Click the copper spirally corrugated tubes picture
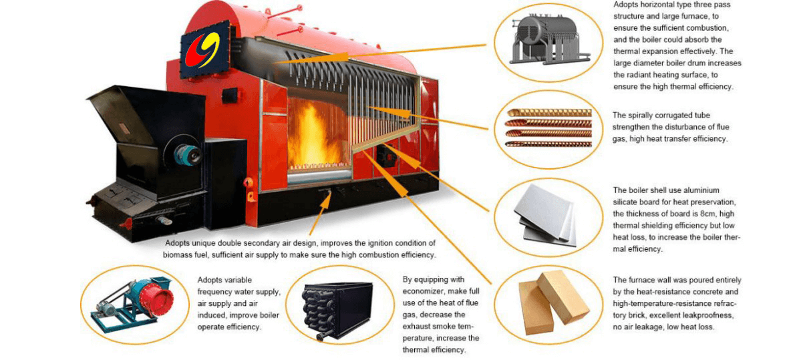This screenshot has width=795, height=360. tap(548, 127)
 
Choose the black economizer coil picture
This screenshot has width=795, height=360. tap(337, 311)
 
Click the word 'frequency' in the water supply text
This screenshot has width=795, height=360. tap(216, 292)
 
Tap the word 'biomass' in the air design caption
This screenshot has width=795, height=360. tap(176, 255)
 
